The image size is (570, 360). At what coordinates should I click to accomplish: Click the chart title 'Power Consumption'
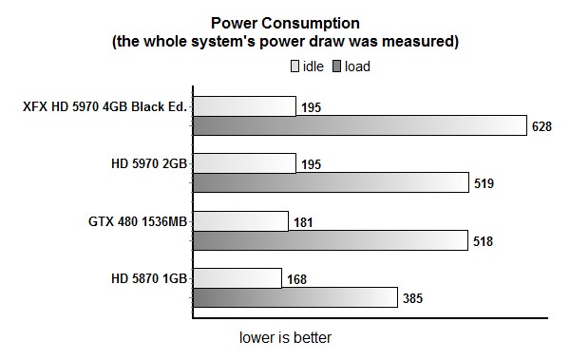coord(284,23)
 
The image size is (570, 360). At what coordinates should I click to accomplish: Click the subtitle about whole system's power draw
coord(285,42)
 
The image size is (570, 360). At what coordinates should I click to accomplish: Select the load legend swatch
coord(336,66)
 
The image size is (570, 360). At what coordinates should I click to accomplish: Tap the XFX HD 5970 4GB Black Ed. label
coord(105,106)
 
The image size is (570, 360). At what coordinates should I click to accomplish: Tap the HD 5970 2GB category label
coord(149,163)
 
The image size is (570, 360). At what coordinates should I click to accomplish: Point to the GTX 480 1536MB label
coord(134,221)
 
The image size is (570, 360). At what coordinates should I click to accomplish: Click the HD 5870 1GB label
coord(150,278)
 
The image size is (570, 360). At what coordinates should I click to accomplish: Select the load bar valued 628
coord(360,126)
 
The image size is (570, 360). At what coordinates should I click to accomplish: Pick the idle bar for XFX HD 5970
coord(244,105)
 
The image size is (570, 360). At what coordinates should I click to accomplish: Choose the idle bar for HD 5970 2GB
coord(244,163)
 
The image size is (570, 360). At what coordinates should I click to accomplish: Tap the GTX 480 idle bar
coord(240,221)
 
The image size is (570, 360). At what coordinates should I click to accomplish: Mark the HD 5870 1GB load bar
coord(294,298)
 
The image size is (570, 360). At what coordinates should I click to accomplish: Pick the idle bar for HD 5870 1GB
coord(237,278)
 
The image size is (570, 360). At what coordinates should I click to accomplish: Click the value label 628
coord(542,127)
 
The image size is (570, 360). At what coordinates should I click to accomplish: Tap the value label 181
coord(304,222)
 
